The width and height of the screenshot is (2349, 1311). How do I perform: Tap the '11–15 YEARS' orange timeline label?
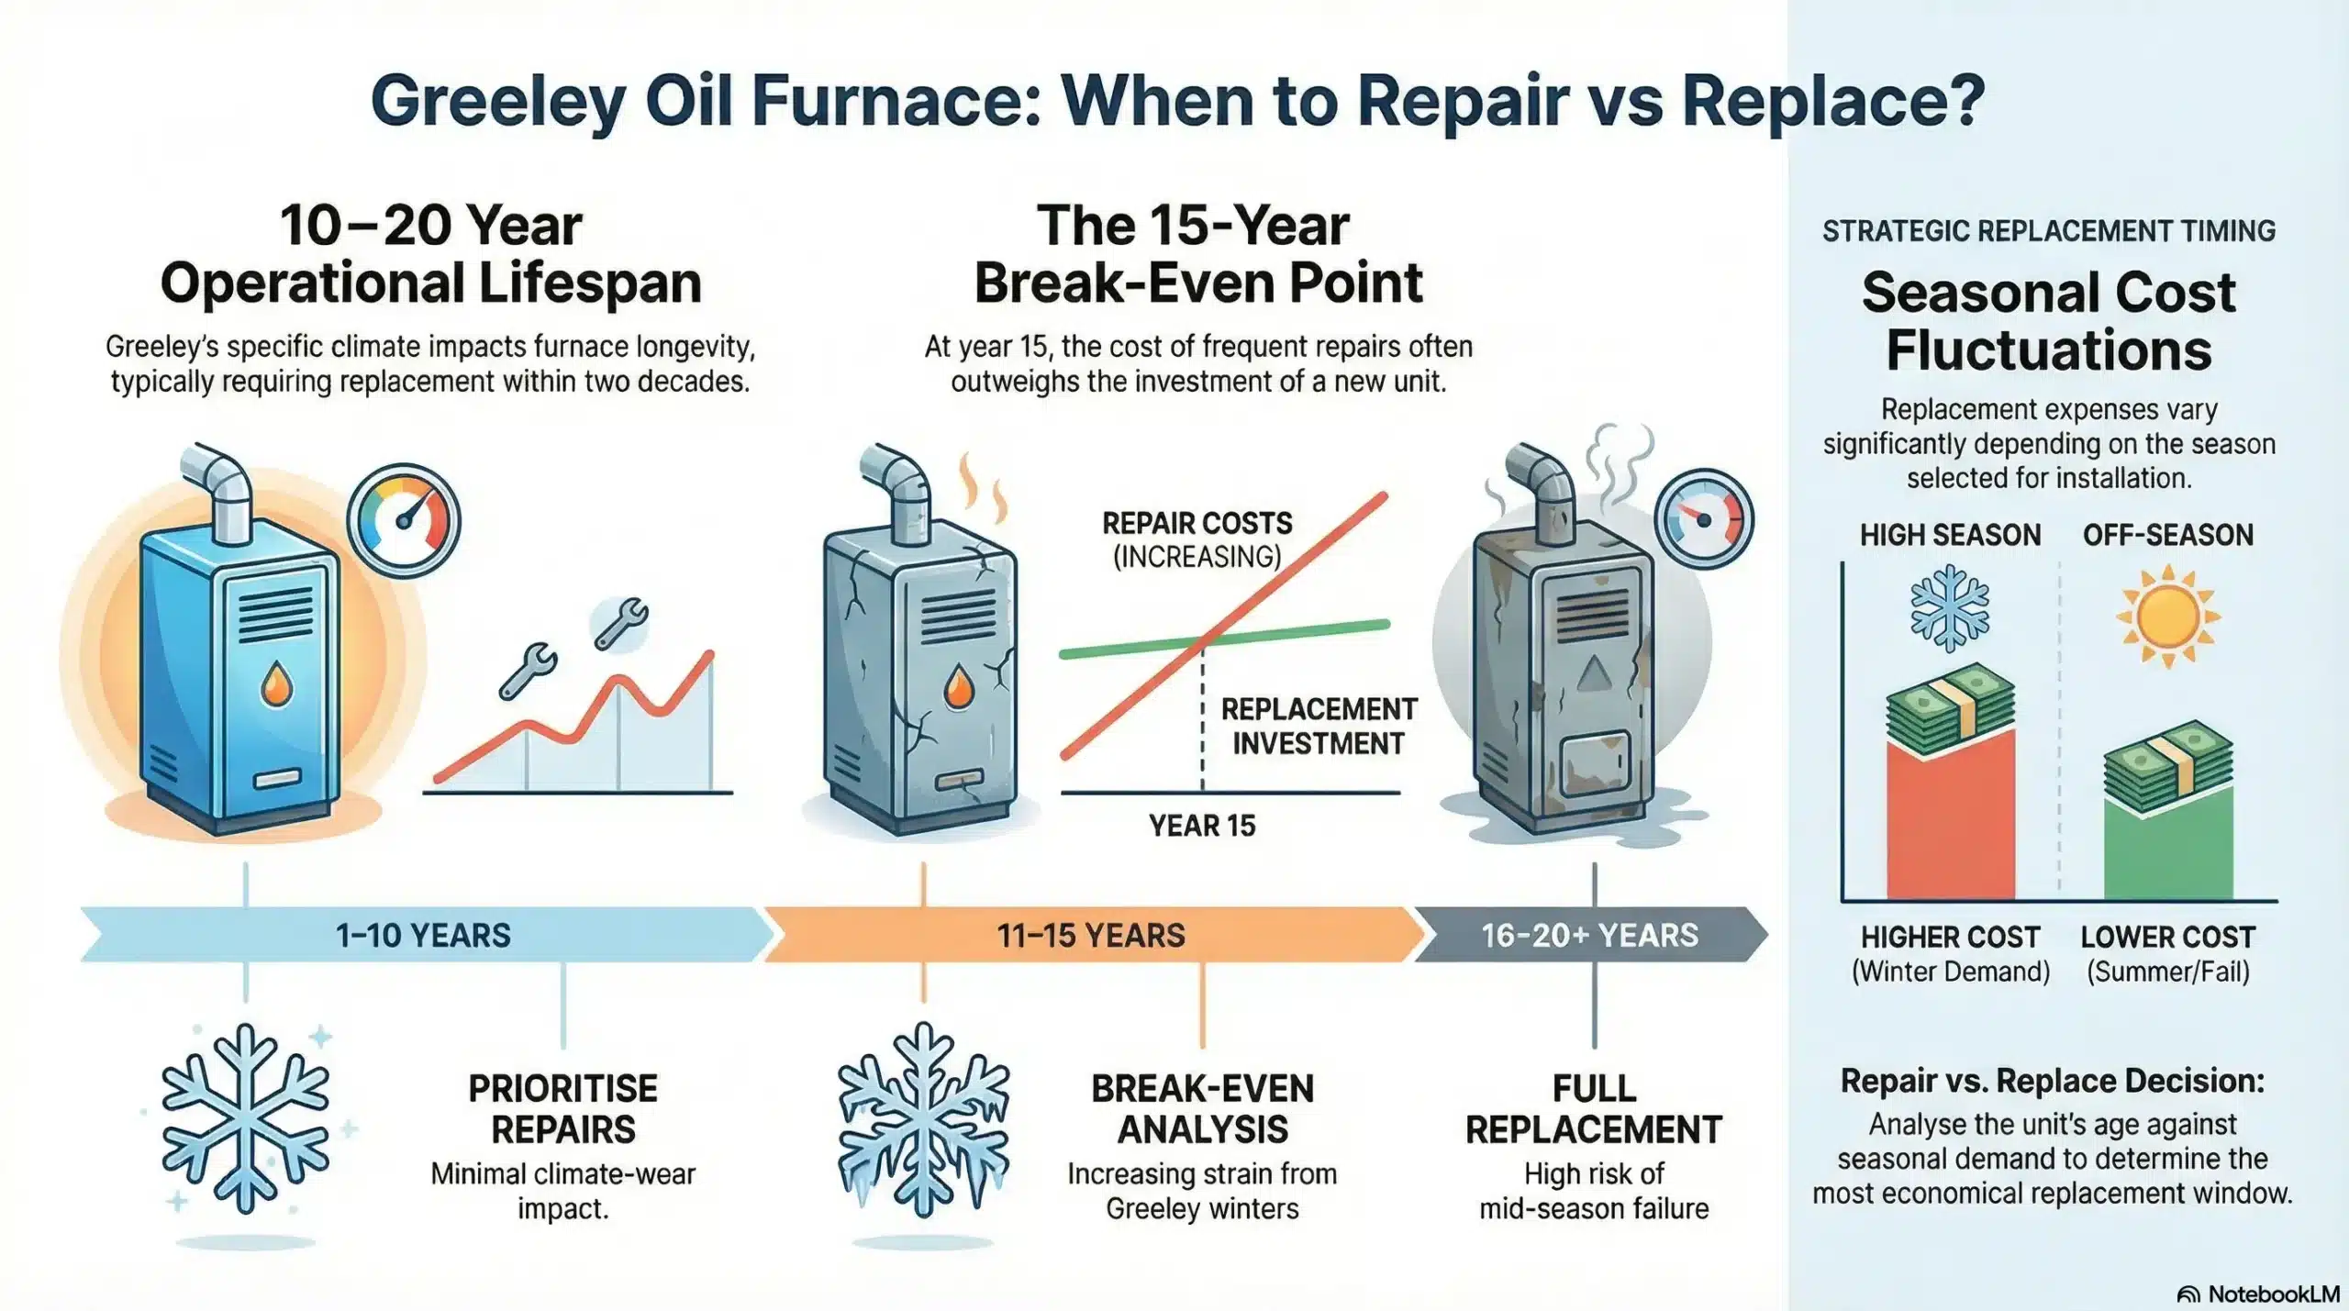1091,935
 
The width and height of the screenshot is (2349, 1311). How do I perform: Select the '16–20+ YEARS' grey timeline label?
1589,935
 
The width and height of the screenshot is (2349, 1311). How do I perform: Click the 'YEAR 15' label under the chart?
1202,826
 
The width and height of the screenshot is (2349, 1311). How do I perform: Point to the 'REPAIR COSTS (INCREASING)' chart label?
1197,539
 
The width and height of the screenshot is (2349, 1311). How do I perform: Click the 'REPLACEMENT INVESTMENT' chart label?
1319,726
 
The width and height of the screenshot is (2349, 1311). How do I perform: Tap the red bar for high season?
1950,817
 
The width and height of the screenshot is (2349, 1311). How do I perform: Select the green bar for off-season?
2167,844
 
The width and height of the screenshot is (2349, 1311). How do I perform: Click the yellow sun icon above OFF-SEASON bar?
2167,616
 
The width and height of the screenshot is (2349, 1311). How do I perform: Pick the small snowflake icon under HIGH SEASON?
1950,609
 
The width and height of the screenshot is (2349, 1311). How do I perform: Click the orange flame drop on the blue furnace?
276,684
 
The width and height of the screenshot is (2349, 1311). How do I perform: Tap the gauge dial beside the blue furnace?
404,520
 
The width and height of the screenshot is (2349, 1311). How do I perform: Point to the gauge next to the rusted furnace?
1704,519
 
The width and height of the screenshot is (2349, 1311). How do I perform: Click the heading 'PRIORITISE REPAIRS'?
562,1108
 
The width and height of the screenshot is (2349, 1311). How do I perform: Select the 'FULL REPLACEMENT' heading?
1594,1108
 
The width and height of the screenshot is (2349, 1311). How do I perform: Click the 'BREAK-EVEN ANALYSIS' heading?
1202,1108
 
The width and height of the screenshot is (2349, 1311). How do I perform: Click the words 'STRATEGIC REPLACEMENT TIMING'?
2048,231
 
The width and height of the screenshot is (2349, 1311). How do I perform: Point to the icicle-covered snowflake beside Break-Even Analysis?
923,1119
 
